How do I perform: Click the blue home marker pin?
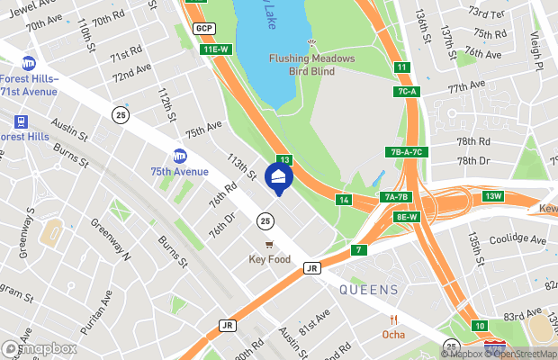279,178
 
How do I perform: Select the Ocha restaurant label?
392,334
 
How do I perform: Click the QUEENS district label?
369,290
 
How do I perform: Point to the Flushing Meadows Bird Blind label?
312,64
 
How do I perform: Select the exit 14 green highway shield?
344,200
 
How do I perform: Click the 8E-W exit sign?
406,217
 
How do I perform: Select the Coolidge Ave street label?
517,240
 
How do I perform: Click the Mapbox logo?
39,348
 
